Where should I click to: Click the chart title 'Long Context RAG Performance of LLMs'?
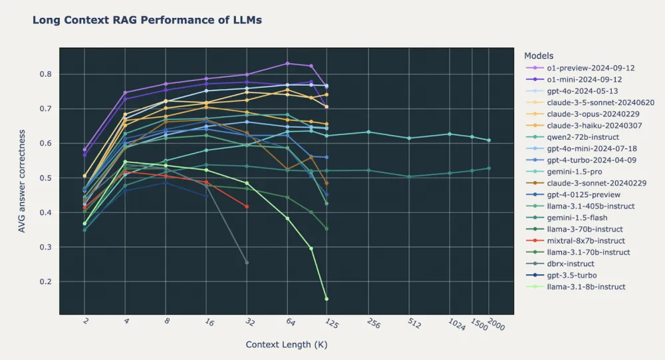click(147, 20)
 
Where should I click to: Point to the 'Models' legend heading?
click(539, 56)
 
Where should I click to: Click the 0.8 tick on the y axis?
click(46, 74)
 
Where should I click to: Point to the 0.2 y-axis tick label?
click(46, 281)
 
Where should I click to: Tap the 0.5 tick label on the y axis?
click(46, 178)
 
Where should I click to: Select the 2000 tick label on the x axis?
click(496, 324)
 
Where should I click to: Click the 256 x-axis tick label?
click(373, 323)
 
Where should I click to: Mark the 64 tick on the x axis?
click(290, 322)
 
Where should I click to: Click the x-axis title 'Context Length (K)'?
click(287, 344)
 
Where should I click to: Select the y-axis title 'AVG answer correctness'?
click(22, 181)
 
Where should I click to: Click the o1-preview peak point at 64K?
click(287, 64)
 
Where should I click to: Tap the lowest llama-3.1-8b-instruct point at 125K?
click(327, 299)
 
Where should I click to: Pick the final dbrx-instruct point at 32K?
click(247, 263)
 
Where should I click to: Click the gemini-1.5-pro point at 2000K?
click(489, 140)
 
